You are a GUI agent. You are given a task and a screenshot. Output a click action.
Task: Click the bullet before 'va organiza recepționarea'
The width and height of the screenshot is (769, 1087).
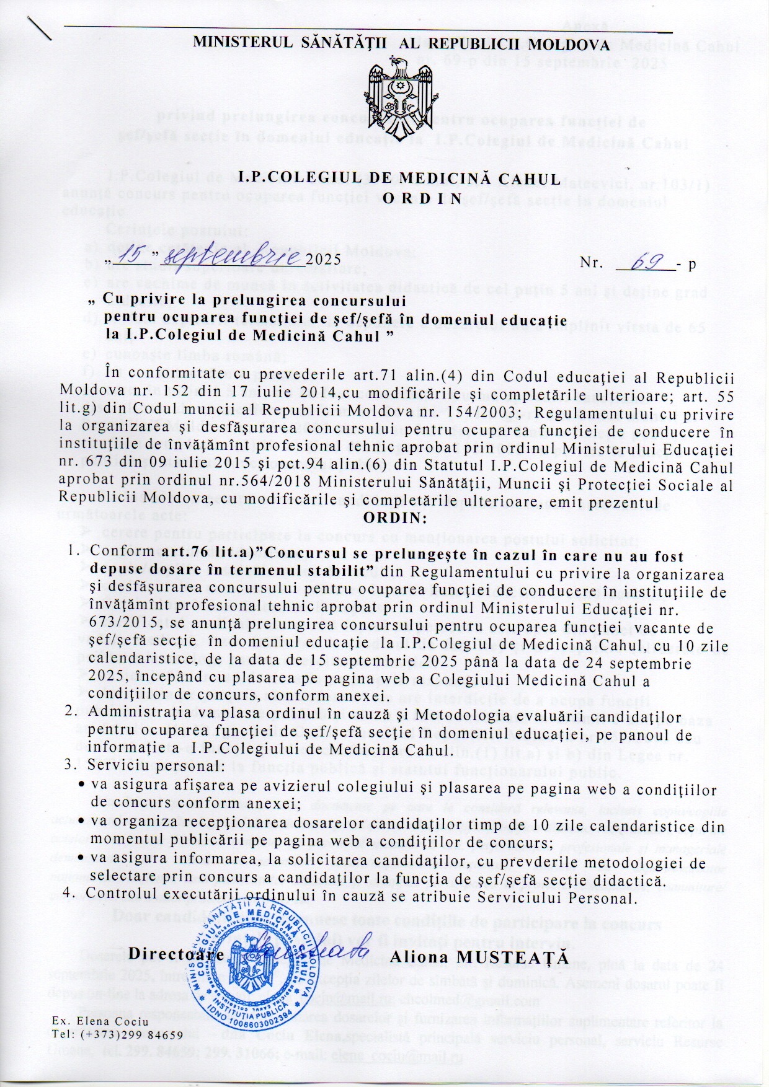[81, 821]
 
